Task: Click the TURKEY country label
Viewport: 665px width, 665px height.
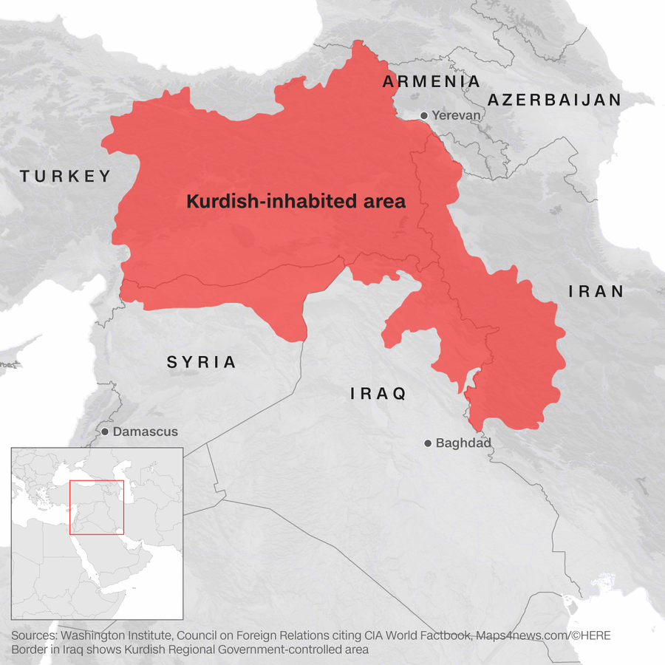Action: click(65, 176)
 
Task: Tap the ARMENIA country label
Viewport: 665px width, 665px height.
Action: click(431, 82)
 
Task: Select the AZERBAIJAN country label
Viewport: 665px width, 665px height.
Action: click(553, 100)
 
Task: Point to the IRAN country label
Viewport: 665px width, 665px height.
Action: click(596, 291)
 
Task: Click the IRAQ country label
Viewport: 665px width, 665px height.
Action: click(378, 394)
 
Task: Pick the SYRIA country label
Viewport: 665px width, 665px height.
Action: click(201, 362)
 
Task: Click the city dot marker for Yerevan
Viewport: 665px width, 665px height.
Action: click(423, 116)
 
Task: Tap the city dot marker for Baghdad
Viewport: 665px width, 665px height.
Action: click(427, 443)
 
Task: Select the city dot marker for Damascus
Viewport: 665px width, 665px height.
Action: click(105, 432)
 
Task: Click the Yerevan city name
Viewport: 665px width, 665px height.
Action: click(456, 116)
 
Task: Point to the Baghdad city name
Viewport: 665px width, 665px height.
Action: click(463, 443)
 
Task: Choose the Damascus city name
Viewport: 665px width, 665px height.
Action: click(146, 432)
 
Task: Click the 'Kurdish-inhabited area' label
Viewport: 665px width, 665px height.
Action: click(296, 201)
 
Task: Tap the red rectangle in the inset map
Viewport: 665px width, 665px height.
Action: click(97, 507)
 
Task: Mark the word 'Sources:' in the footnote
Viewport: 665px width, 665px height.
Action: click(34, 635)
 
